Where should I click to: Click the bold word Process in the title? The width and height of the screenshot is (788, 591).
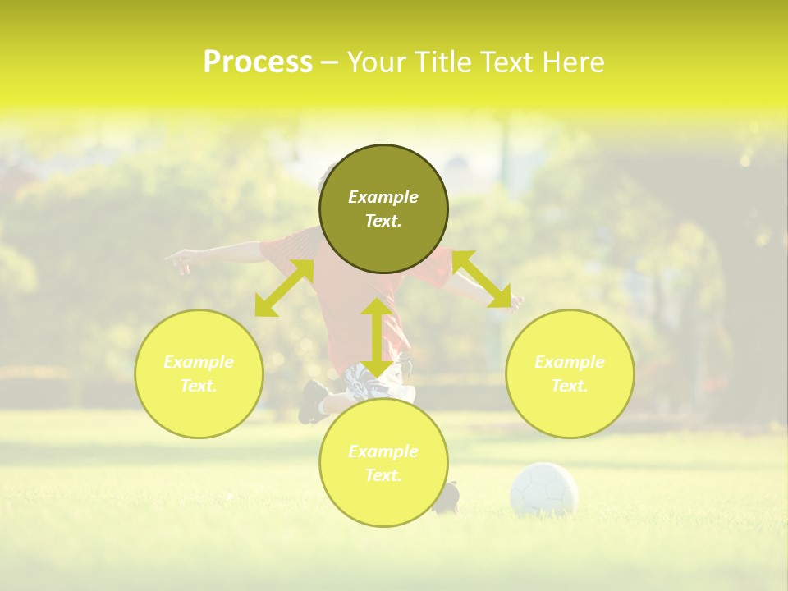pyautogui.click(x=258, y=62)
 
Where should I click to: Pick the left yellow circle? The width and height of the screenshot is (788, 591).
pyautogui.click(x=199, y=373)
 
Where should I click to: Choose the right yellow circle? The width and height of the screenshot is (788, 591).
pyautogui.click(x=570, y=373)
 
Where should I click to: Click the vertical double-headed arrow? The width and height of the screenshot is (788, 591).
pyautogui.click(x=377, y=337)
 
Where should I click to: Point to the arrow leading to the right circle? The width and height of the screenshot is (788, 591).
pyautogui.click(x=482, y=279)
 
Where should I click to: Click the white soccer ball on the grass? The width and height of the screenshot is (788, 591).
pyautogui.click(x=543, y=489)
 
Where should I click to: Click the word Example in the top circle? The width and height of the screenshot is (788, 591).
pyautogui.click(x=383, y=197)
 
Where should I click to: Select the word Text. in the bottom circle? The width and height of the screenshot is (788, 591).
pyautogui.click(x=383, y=475)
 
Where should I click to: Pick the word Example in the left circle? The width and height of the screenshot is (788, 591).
pyautogui.click(x=199, y=362)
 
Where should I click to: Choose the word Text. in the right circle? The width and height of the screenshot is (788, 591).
pyautogui.click(x=570, y=386)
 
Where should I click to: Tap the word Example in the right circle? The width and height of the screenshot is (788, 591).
pyautogui.click(x=570, y=362)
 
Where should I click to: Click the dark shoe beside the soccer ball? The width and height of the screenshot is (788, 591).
pyautogui.click(x=447, y=497)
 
